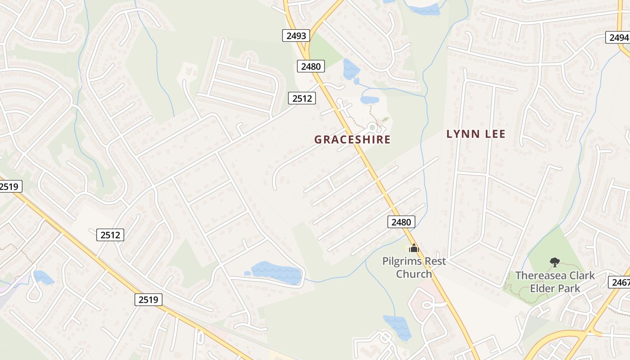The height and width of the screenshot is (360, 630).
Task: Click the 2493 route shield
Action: click(296, 36)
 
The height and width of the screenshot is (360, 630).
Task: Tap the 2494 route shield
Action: click(619, 37)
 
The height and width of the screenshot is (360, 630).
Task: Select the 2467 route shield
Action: click(620, 282)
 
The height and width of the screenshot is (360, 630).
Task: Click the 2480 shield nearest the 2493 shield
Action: click(311, 67)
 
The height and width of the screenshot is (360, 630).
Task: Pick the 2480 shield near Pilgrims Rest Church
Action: click(401, 222)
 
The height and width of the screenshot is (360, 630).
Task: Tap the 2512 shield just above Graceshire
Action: click(302, 98)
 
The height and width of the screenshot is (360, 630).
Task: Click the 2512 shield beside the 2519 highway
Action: click(110, 234)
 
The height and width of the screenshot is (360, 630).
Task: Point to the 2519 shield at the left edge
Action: click(10, 186)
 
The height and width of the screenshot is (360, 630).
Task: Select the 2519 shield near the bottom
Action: click(148, 299)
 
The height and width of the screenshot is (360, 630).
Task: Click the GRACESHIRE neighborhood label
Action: click(352, 139)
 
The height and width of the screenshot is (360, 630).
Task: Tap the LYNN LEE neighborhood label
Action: click(476, 134)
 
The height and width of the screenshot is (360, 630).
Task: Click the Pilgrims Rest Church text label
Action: click(414, 267)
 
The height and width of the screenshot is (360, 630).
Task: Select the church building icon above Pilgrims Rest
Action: click(414, 248)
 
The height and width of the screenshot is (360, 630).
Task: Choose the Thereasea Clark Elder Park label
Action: click(555, 282)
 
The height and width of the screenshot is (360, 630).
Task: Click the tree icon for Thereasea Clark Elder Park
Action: click(555, 262)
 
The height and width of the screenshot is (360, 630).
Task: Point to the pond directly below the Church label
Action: click(397, 327)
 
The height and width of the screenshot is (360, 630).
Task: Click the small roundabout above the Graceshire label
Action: click(372, 127)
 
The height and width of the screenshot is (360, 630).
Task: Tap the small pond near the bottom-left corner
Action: click(43, 277)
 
